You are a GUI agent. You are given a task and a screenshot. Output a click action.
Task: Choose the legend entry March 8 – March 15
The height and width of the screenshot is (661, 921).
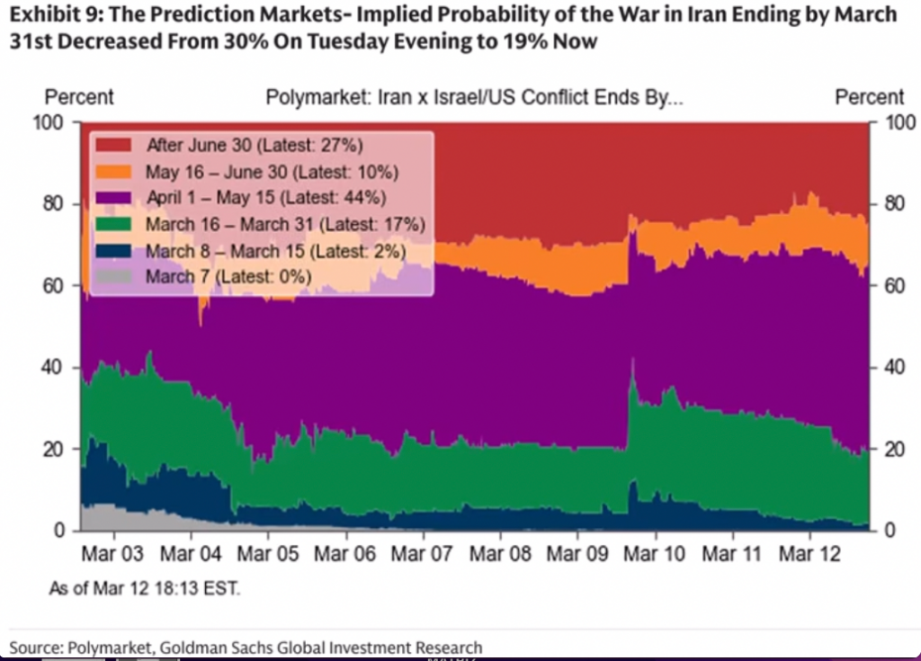click(274, 251)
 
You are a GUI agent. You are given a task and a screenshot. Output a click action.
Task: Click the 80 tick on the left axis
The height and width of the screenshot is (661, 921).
click(55, 204)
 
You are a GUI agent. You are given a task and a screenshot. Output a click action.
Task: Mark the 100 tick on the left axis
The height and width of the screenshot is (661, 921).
click(50, 122)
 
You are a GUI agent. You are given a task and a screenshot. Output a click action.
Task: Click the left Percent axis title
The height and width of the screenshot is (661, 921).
click(79, 98)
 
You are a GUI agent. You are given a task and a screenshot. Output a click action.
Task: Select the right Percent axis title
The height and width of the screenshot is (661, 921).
click(869, 98)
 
